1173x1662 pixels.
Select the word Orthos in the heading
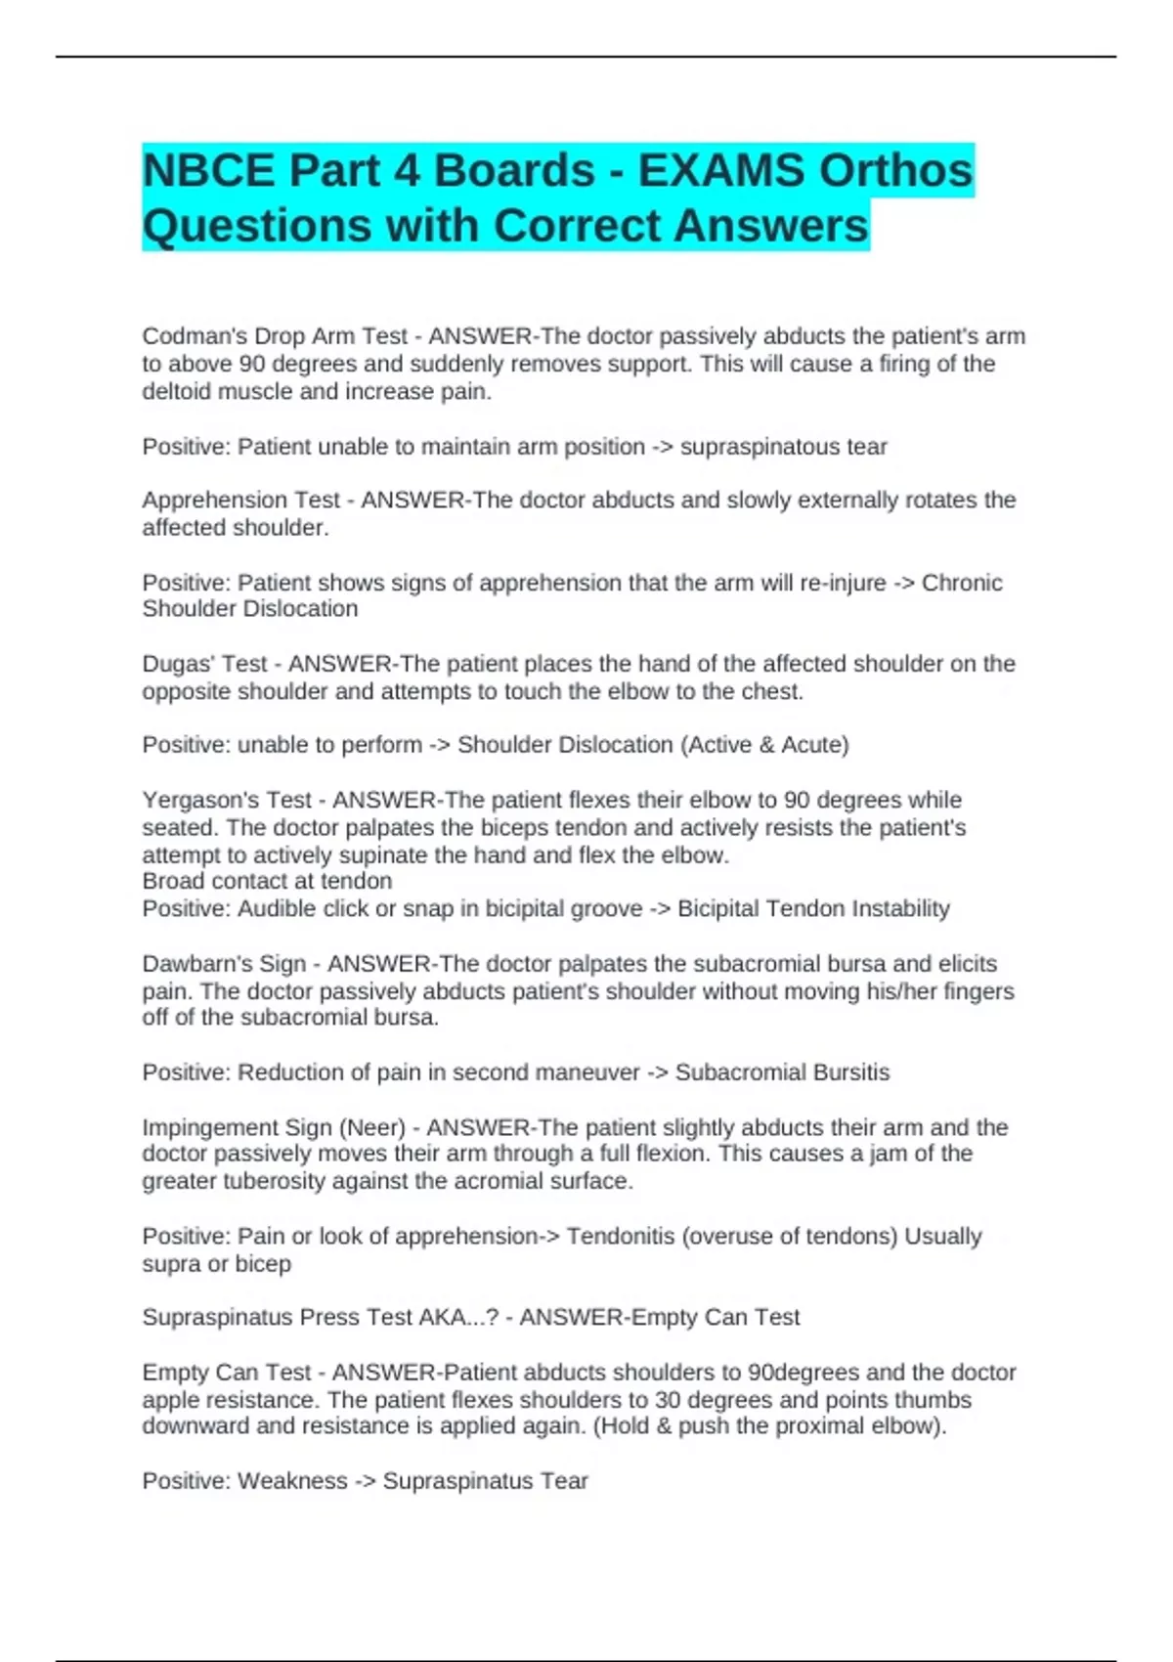895,171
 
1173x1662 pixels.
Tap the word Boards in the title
514,171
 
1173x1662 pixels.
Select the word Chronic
962,583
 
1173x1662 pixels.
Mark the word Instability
899,908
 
